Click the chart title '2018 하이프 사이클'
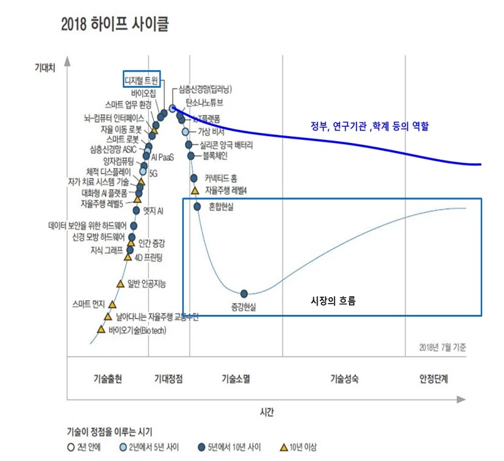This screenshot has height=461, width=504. click(115, 24)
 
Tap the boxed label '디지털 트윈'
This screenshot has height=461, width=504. click(142, 80)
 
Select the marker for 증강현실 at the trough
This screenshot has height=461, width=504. click(244, 293)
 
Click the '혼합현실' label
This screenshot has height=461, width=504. click(220, 206)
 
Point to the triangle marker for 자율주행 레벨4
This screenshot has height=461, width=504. click(195, 190)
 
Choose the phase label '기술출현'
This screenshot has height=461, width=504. click(107, 379)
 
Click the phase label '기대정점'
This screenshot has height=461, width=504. click(169, 379)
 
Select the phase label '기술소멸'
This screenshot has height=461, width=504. click(236, 379)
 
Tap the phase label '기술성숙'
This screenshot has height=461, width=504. click(345, 379)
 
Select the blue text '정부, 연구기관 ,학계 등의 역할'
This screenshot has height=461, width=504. click(369, 127)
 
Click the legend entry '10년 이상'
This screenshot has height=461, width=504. click(303, 447)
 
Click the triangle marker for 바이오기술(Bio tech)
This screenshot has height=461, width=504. click(100, 329)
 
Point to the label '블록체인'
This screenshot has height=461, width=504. click(217, 155)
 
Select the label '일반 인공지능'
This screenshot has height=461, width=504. click(147, 283)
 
